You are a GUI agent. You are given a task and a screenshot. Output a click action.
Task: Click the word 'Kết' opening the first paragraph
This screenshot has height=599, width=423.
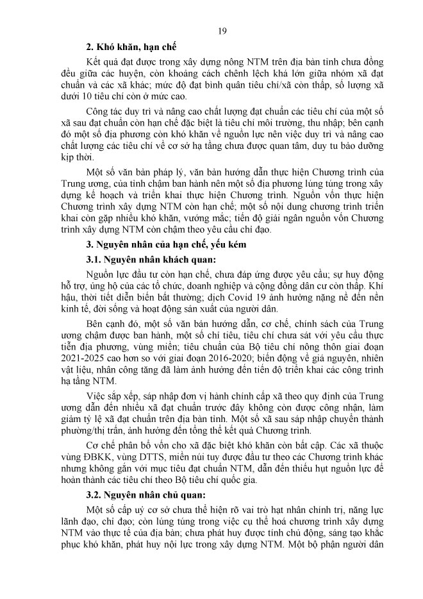(95, 60)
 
